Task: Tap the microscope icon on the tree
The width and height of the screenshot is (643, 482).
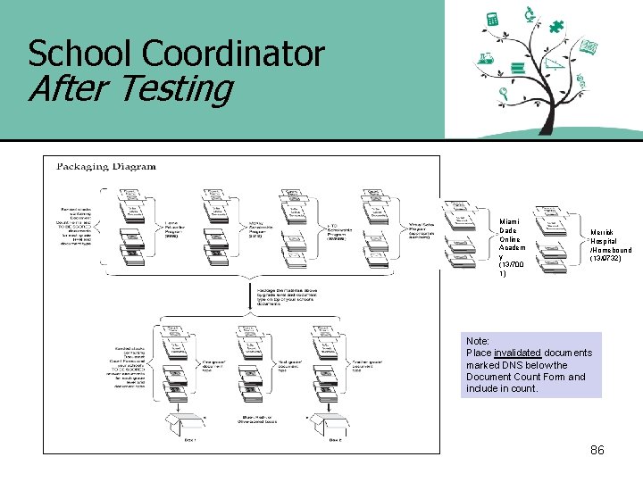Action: point(530,14)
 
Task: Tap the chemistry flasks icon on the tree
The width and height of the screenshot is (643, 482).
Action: point(486,59)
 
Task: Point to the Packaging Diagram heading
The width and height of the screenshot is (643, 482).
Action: point(106,166)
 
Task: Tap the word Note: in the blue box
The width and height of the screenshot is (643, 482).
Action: point(478,341)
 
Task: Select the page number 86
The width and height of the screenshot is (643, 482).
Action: point(597,450)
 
